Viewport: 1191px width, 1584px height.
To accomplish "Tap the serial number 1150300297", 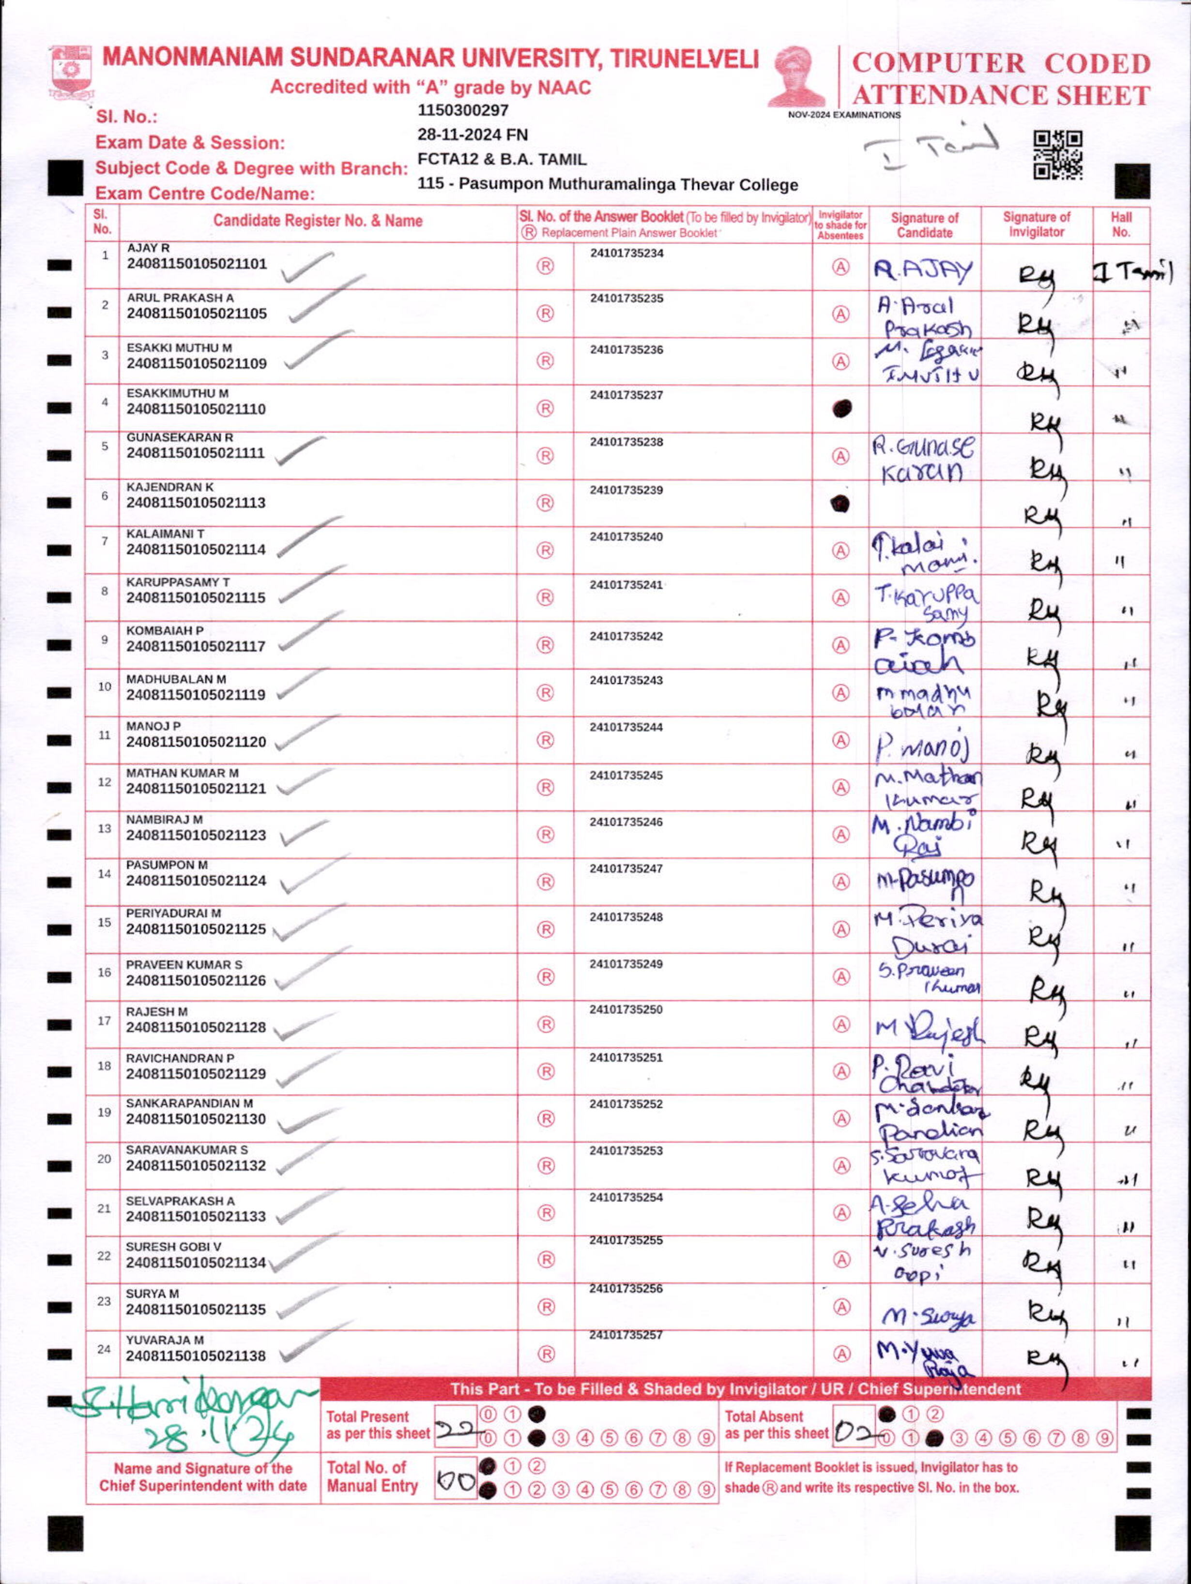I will pos(463,110).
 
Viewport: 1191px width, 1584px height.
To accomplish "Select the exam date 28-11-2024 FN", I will pos(472,135).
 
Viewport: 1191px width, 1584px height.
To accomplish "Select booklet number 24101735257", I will pos(626,1335).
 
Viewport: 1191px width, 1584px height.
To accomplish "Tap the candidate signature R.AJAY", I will pos(923,271).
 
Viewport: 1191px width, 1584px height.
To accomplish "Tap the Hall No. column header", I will pos(1121,224).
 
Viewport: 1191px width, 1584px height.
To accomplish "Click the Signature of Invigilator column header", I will pos(1036,224).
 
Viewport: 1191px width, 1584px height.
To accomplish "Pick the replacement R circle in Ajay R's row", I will pos(545,266).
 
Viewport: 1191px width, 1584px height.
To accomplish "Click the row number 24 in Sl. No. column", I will pos(104,1349).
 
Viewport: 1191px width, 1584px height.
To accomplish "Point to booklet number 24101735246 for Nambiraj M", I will pos(626,822).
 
